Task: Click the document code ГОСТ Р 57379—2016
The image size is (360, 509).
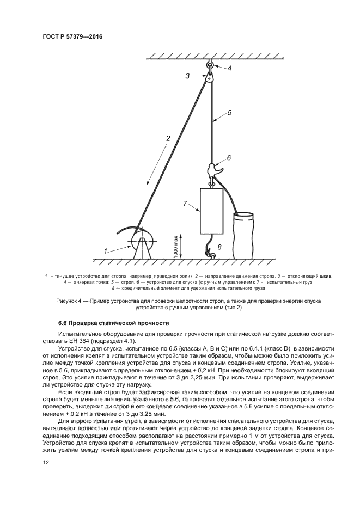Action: point(72,36)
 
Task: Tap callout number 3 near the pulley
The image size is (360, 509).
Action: point(229,69)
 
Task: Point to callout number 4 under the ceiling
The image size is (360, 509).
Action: point(229,113)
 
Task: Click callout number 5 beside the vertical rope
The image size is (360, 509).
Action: point(229,157)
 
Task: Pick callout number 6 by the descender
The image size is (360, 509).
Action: point(185,204)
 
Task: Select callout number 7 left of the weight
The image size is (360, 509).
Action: point(219,247)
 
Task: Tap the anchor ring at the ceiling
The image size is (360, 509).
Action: point(210,66)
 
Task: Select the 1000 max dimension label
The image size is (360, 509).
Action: point(175,246)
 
